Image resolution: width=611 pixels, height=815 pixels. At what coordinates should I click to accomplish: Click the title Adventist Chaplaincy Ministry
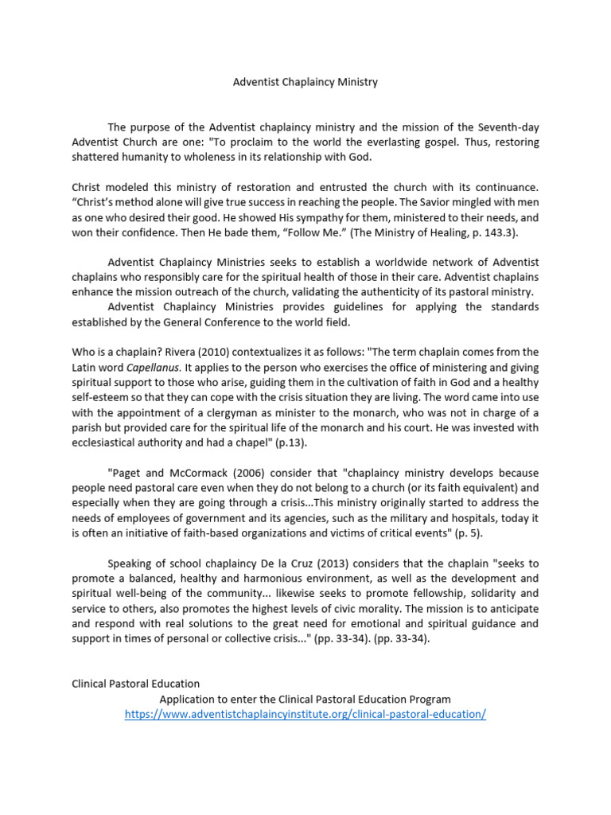[305, 82]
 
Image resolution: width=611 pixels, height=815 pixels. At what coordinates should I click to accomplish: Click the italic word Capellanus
[154, 367]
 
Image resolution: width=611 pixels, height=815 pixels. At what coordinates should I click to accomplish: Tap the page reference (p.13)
[288, 443]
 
